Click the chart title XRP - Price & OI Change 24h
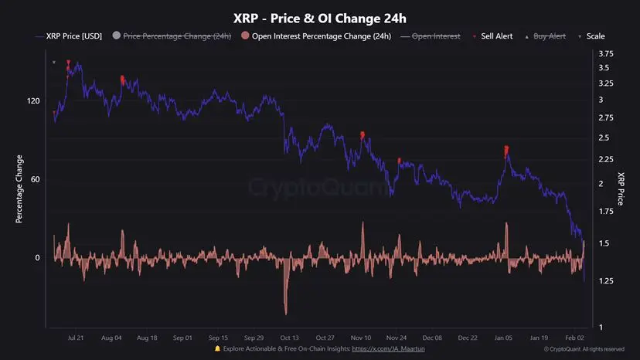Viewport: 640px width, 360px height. (x=320, y=18)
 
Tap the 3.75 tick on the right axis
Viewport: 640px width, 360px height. (x=606, y=53)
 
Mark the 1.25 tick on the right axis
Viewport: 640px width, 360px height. (x=606, y=282)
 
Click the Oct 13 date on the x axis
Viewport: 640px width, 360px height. (x=291, y=338)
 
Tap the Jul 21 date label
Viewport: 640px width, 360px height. (x=76, y=338)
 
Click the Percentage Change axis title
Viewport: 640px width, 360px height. (x=19, y=189)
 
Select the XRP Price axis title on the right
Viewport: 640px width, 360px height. (x=621, y=189)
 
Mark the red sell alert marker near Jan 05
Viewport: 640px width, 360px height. (x=506, y=149)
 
